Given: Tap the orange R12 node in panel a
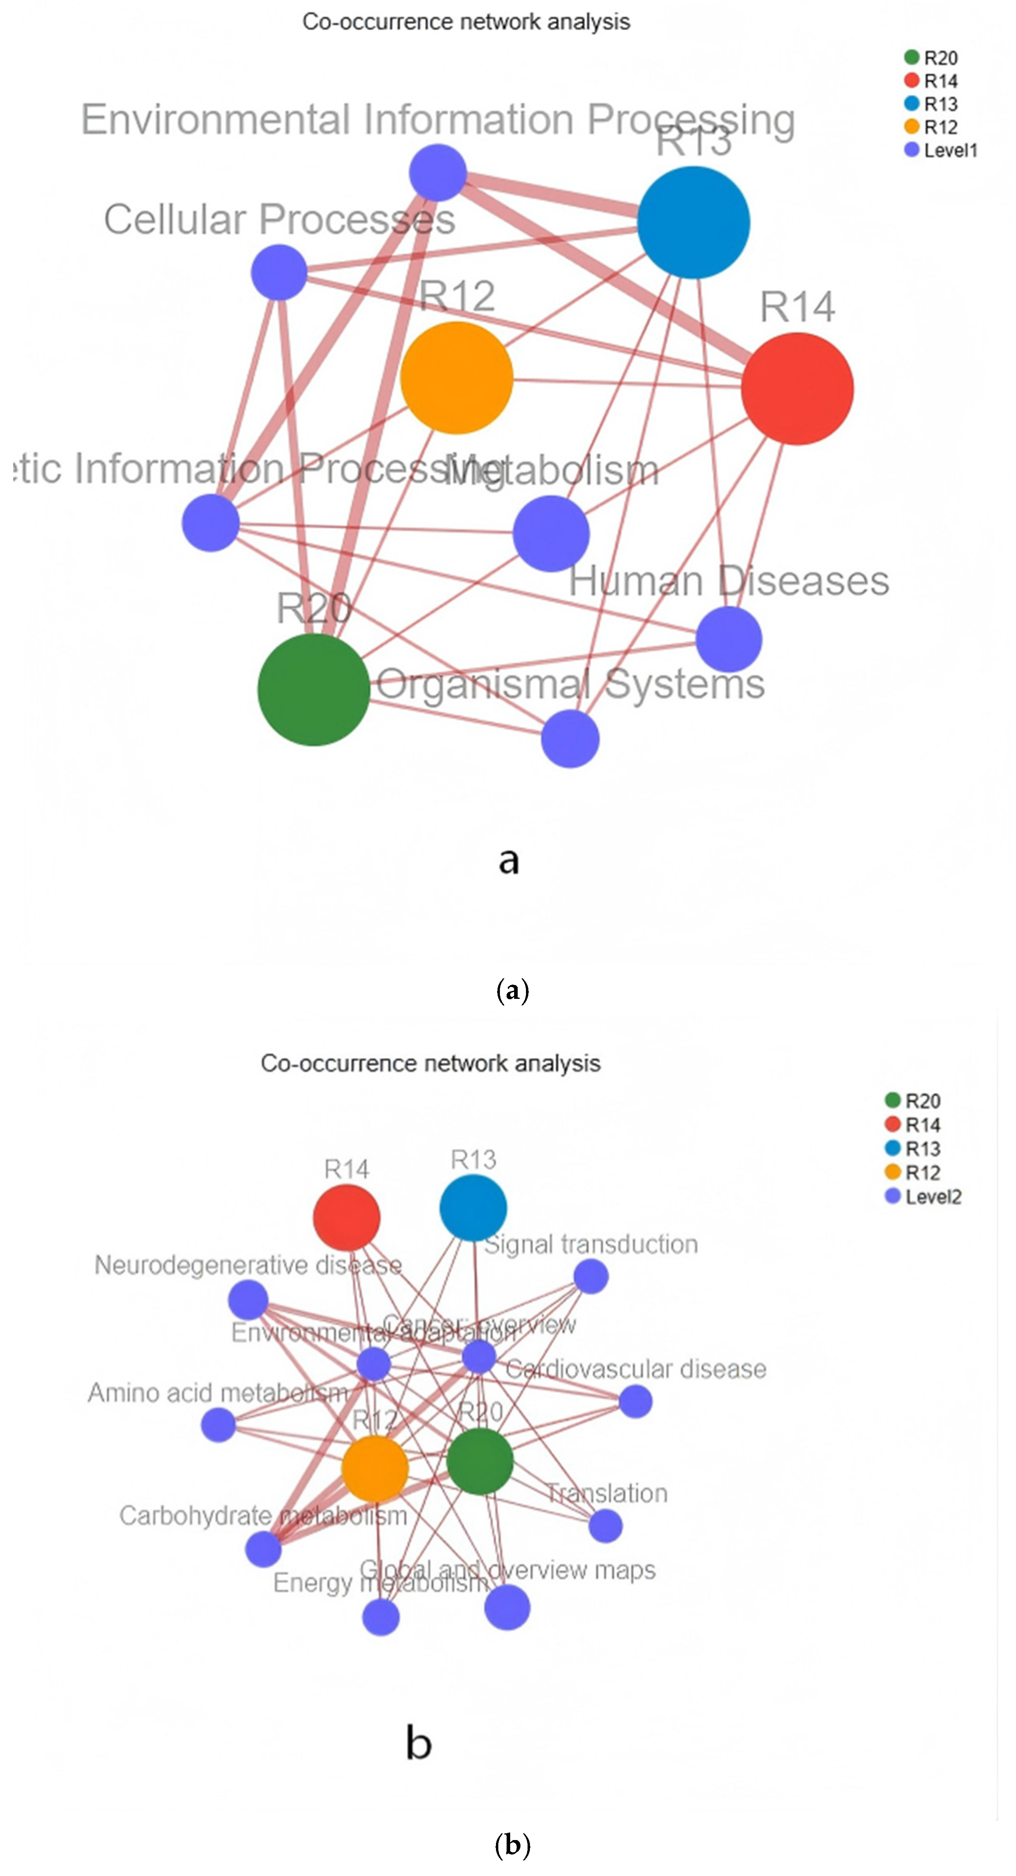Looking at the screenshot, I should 457,377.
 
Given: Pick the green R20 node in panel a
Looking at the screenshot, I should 314,689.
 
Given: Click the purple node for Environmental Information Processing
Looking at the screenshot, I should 438,173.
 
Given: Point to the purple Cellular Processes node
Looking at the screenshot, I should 279,272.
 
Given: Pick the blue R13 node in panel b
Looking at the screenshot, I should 473,1207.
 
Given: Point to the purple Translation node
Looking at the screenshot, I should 605,1525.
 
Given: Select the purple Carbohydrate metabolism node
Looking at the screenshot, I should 264,1549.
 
